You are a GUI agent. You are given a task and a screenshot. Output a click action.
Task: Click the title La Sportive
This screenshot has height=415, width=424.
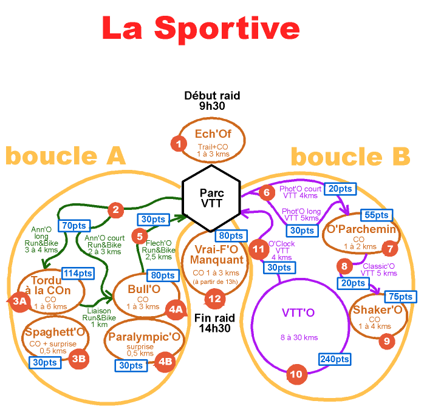pyautogui.click(x=200, y=29)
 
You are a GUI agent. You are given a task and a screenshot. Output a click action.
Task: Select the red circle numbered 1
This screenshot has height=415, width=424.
pyautogui.click(x=179, y=144)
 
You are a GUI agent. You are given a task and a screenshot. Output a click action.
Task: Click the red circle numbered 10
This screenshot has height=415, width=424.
pyautogui.click(x=296, y=374)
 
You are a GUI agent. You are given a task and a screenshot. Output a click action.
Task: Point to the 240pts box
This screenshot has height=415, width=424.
pyautogui.click(x=334, y=359)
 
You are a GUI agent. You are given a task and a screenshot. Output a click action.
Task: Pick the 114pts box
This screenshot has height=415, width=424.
pyautogui.click(x=78, y=273)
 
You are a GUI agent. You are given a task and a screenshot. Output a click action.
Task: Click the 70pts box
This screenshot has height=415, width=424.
pyautogui.click(x=74, y=226)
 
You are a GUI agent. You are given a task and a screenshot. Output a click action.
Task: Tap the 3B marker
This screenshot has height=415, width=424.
pyautogui.click(x=78, y=359)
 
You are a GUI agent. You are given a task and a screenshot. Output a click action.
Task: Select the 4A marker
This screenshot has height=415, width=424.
pyautogui.click(x=176, y=310)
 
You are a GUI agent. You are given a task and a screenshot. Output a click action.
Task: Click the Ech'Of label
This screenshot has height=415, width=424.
pyautogui.click(x=213, y=134)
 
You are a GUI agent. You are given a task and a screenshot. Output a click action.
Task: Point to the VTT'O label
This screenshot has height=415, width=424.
pyautogui.click(x=298, y=313)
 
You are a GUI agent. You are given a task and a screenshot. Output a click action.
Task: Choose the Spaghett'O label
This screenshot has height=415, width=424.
pyautogui.click(x=53, y=332)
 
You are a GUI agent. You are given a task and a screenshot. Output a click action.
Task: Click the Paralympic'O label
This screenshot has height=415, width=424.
pyautogui.click(x=144, y=336)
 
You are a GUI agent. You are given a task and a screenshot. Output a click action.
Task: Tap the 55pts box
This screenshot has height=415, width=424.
pyautogui.click(x=376, y=215)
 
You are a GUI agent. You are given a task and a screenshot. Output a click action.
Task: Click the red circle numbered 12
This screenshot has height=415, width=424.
pyautogui.click(x=214, y=298)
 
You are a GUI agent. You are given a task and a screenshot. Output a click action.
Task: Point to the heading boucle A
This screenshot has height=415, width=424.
pyautogui.click(x=65, y=156)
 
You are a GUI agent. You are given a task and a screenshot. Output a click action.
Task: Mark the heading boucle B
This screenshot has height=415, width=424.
pyautogui.click(x=350, y=157)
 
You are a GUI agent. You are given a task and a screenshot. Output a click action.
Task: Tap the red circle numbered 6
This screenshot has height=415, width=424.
pyautogui.click(x=266, y=192)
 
